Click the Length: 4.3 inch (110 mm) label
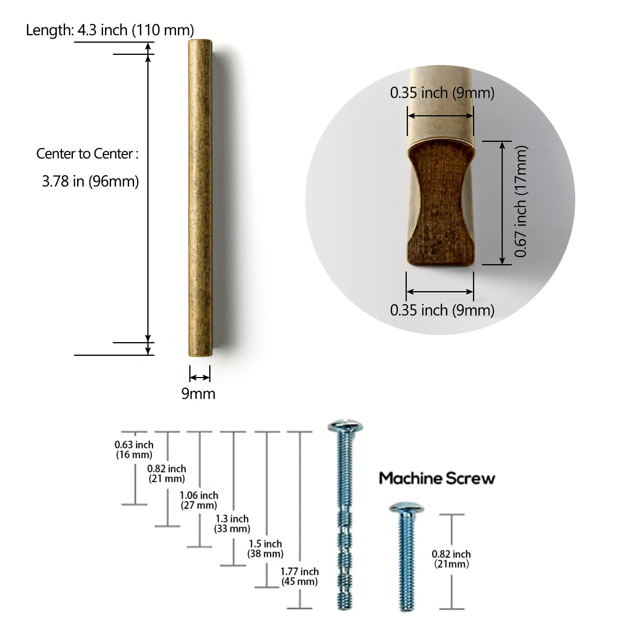pyautogui.click(x=110, y=30)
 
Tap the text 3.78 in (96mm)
pyautogui.click(x=91, y=181)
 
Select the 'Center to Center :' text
pyautogui.click(x=87, y=154)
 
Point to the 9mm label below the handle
pyautogui.click(x=198, y=393)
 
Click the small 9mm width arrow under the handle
pyautogui.click(x=200, y=377)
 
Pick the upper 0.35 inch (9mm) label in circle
pyautogui.click(x=442, y=93)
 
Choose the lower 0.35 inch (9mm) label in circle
pyautogui.click(x=442, y=310)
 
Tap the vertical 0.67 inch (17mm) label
pyautogui.click(x=521, y=202)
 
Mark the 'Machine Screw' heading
pyautogui.click(x=437, y=478)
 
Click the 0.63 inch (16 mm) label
pyautogui.click(x=134, y=449)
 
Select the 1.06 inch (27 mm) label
pyautogui.click(x=199, y=500)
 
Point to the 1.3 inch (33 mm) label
pyautogui.click(x=232, y=524)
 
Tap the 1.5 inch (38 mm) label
pyautogui.click(x=265, y=549)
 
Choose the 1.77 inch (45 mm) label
pyautogui.click(x=299, y=576)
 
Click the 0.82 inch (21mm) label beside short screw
pyautogui.click(x=451, y=559)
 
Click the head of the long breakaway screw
pyautogui.click(x=345, y=427)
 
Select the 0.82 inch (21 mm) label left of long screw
pyautogui.click(x=167, y=473)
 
